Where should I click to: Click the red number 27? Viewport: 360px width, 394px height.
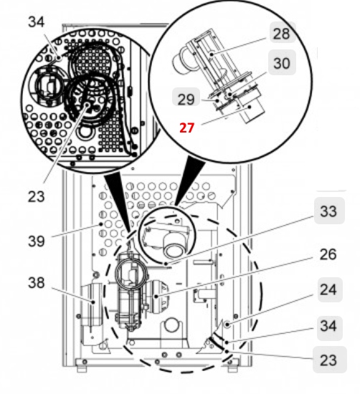187,128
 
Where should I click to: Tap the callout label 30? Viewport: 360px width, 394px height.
282,63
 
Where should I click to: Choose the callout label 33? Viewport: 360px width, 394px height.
327,212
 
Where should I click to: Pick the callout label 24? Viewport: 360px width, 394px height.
327,291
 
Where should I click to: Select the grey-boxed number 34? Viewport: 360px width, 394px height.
327,327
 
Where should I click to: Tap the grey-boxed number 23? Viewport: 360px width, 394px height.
327,360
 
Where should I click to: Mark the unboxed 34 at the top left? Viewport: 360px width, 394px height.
37,22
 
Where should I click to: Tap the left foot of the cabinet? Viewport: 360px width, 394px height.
81,368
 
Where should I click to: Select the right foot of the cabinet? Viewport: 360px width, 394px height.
233,368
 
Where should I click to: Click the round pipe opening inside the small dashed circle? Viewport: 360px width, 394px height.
174,250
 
